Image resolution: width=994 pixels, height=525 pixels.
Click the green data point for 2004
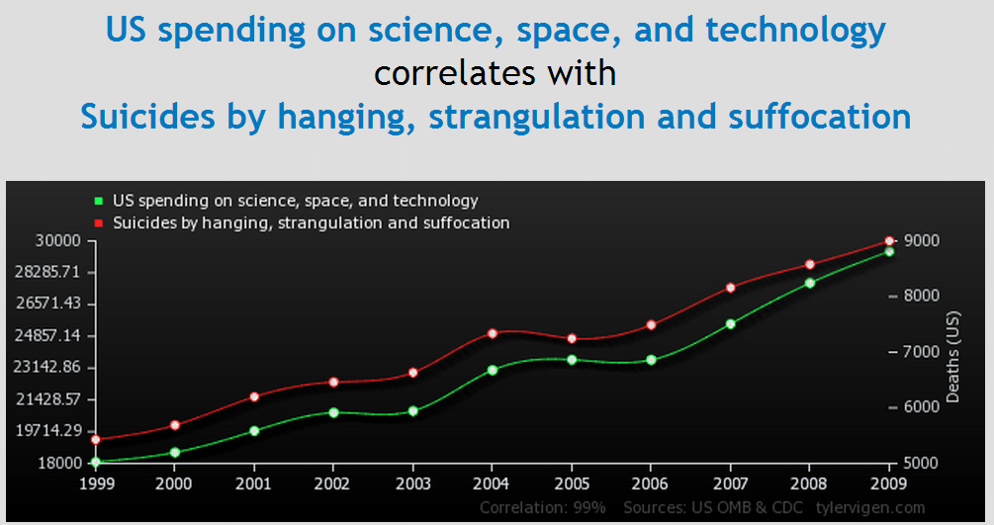(492, 370)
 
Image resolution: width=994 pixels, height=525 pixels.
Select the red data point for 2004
(492, 333)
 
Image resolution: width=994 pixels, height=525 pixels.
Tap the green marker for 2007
(730, 323)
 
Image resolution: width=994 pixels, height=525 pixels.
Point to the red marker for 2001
(254, 396)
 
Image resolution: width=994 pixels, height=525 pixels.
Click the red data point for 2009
(889, 241)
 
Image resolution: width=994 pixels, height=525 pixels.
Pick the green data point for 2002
(333, 412)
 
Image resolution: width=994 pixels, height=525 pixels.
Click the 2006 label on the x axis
(650, 483)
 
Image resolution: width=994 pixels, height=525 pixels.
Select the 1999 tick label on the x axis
(96, 483)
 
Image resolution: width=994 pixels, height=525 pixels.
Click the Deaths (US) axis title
(953, 352)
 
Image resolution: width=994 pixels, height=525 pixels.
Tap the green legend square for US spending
(98, 201)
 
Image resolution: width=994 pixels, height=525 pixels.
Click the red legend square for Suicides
(98, 223)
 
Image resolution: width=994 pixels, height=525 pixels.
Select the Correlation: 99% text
(542, 507)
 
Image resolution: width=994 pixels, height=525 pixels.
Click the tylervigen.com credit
(870, 507)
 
